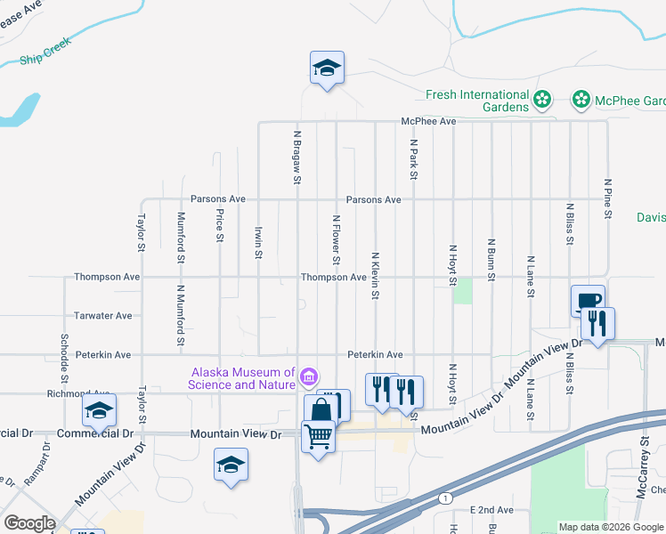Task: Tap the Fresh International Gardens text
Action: (477, 101)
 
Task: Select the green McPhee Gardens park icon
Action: (581, 100)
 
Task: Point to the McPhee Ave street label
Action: (428, 121)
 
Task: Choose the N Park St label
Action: (414, 158)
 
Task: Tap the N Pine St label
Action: (608, 197)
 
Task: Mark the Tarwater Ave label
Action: (103, 315)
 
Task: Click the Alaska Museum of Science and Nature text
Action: (240, 378)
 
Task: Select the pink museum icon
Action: (308, 377)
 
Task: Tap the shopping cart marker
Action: (319, 436)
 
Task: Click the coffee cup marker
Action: (587, 300)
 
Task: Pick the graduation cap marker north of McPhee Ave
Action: (327, 67)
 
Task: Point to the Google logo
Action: (29, 523)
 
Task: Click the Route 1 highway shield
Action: (443, 498)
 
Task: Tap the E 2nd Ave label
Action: (491, 510)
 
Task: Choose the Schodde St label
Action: (65, 353)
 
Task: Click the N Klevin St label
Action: (376, 274)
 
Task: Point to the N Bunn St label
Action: (491, 259)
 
